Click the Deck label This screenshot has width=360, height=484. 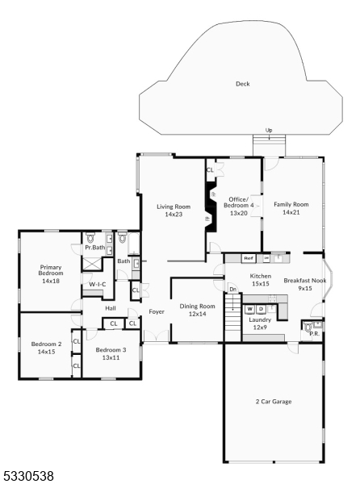coord(242,84)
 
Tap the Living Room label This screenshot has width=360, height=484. coord(172,211)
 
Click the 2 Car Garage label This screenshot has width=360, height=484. coord(274,401)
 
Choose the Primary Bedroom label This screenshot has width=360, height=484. coord(50,277)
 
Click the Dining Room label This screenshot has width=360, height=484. coord(196,310)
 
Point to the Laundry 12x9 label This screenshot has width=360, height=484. coord(260,323)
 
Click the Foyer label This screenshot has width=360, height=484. coord(156,311)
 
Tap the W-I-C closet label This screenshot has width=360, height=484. coord(97,285)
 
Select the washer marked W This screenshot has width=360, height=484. coord(250,309)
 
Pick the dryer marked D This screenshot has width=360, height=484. coord(261,309)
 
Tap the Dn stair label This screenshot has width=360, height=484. coord(232,288)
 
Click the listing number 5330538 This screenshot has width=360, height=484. coord(27,477)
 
